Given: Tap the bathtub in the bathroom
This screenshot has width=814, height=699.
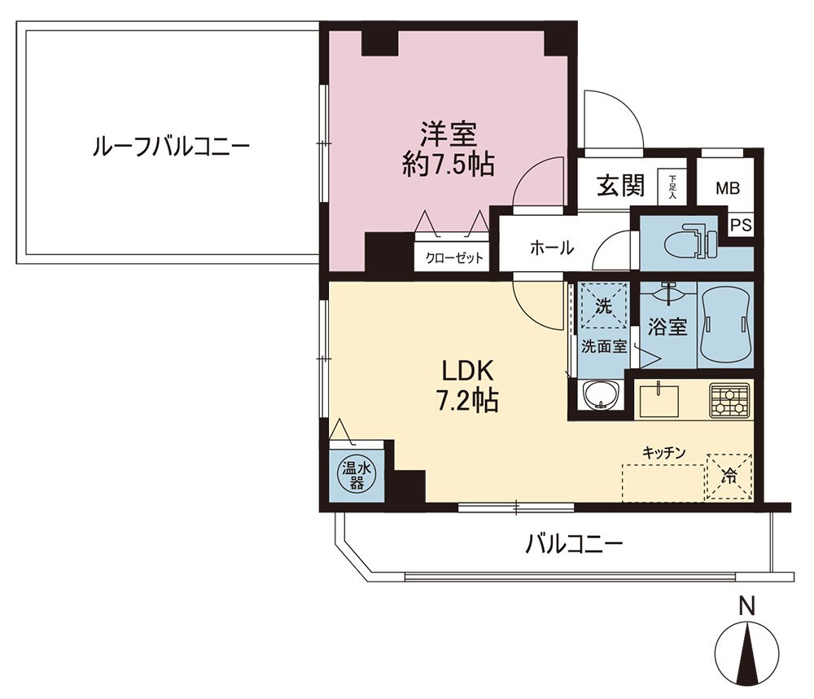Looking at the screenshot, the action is click(725, 325).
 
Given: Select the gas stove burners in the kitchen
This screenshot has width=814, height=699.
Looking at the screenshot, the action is click(730, 400).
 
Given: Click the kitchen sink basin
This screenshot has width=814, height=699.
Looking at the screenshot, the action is click(659, 400).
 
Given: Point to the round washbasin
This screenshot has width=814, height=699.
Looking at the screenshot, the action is click(602, 396).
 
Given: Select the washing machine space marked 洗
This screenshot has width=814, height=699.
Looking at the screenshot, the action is click(602, 306).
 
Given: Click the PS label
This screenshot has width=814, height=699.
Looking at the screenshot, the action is click(741, 226).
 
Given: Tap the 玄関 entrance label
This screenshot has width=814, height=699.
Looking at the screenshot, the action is click(621, 186).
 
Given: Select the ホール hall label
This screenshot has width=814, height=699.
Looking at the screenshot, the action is click(552, 248).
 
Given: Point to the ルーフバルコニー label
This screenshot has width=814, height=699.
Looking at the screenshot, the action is click(171, 147).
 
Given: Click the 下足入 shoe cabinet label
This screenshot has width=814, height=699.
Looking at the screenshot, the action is click(673, 187).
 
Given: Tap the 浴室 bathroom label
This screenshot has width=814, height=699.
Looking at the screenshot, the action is click(667, 327).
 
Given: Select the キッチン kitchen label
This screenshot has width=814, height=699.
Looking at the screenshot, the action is click(664, 452).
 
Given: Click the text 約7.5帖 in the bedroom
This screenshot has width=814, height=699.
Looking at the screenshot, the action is click(448, 165).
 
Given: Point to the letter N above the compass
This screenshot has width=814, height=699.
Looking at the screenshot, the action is click(747, 606).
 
